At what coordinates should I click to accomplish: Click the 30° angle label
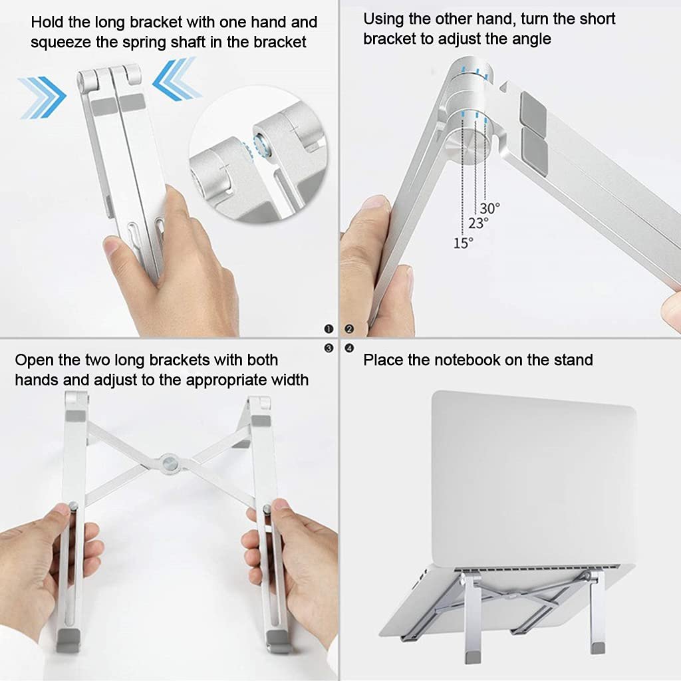pyautogui.click(x=490, y=208)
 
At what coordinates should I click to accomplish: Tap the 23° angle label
pyautogui.click(x=478, y=223)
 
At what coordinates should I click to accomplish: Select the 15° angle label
pyautogui.click(x=463, y=243)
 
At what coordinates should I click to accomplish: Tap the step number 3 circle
pyautogui.click(x=329, y=348)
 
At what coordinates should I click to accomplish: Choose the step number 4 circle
pyautogui.click(x=349, y=348)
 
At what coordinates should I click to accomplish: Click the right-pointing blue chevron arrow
pyautogui.click(x=42, y=97)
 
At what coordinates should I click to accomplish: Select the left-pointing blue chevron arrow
pyautogui.click(x=177, y=79)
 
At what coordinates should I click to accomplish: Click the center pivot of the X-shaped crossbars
pyautogui.click(x=170, y=463)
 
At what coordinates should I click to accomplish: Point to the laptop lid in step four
pyautogui.click(x=533, y=477)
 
